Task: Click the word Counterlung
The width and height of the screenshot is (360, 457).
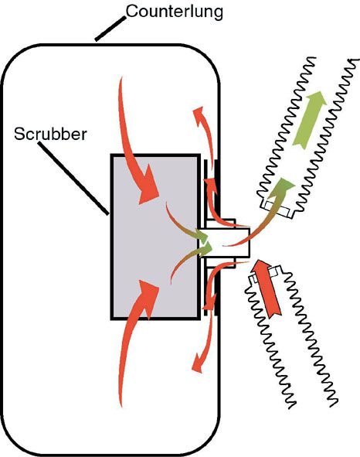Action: [x=175, y=12]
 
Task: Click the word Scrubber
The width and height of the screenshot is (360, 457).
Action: [x=51, y=134]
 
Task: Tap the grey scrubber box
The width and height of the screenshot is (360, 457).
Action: [x=155, y=237]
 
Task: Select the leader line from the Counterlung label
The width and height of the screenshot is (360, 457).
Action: [x=110, y=29]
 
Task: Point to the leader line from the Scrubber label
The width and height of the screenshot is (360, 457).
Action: [x=73, y=179]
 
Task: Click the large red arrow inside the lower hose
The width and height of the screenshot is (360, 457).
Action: [x=267, y=288]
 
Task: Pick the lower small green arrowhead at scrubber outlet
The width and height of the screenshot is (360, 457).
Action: [x=205, y=249]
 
